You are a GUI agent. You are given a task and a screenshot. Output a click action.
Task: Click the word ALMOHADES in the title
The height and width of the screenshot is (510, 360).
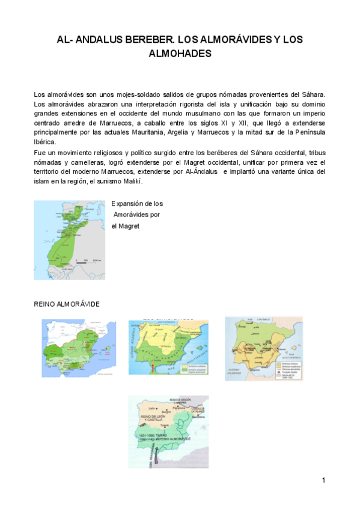180,54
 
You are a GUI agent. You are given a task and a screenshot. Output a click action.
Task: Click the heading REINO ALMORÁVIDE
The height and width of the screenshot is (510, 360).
67,304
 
